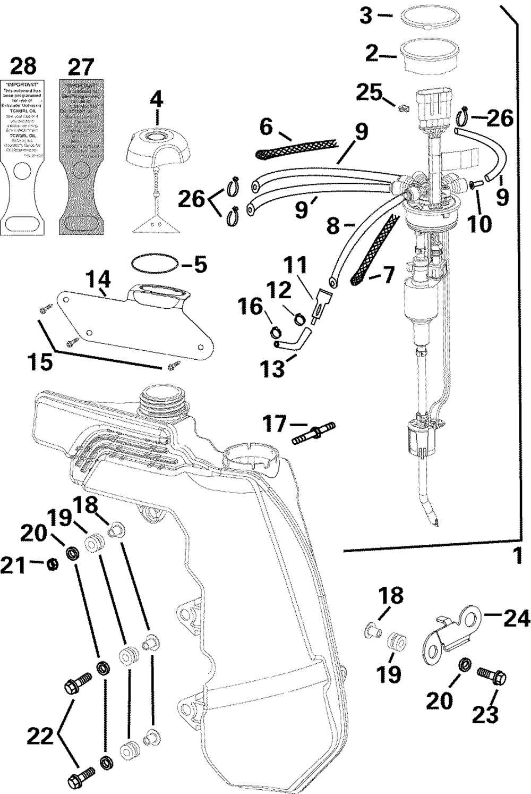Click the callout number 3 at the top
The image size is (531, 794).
(x=366, y=15)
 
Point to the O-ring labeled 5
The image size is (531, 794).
(x=154, y=265)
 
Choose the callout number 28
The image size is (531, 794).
(x=23, y=66)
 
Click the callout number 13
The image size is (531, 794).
(x=273, y=369)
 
